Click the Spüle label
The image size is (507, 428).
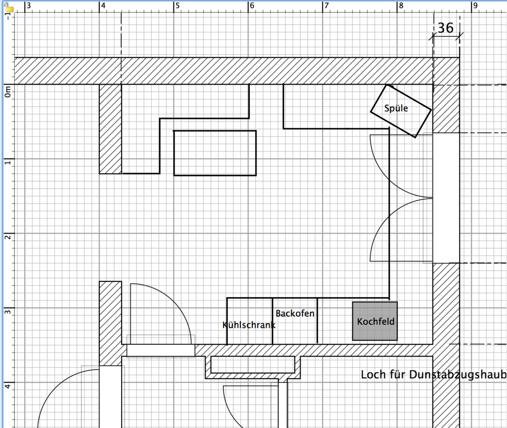pyautogui.click(x=396, y=108)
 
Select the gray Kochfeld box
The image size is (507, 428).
pyautogui.click(x=375, y=321)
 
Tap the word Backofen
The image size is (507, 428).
pyautogui.click(x=295, y=313)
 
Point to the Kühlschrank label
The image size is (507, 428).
pyautogui.click(x=249, y=325)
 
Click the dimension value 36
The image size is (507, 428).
pyautogui.click(x=446, y=28)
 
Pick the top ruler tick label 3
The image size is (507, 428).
pyautogui.click(x=29, y=6)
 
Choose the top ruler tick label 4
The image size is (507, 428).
pyautogui.click(x=103, y=6)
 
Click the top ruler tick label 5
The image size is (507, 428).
pyautogui.click(x=178, y=6)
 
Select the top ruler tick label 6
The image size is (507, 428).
pyautogui.click(x=252, y=6)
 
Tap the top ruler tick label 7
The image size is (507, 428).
pyautogui.click(x=326, y=6)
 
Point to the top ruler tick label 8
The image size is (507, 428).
pyautogui.click(x=401, y=6)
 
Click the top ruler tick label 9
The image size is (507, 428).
pyautogui.click(x=475, y=6)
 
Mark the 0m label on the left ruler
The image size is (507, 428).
pyautogui.click(x=8, y=92)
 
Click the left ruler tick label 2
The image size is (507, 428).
pyautogui.click(x=8, y=237)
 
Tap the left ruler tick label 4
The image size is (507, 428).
pyautogui.click(x=8, y=386)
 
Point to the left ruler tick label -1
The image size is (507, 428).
pyautogui.click(x=8, y=16)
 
